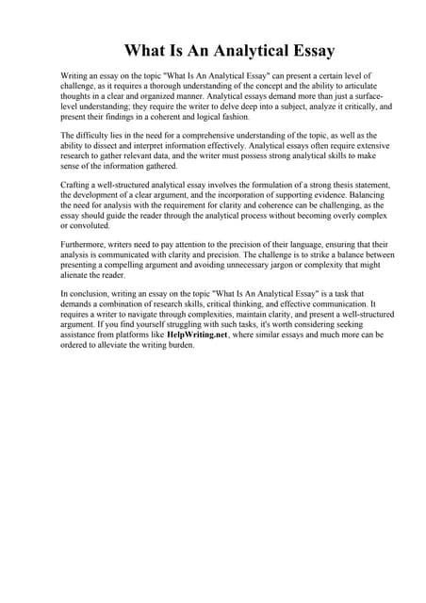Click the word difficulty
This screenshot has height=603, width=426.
click(x=94, y=138)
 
